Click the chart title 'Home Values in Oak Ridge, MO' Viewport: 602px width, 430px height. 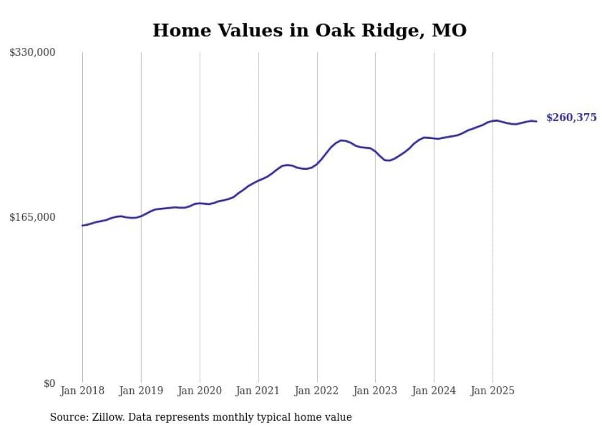click(x=310, y=30)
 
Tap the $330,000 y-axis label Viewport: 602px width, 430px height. click(x=33, y=53)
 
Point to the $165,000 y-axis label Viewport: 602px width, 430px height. click(x=33, y=217)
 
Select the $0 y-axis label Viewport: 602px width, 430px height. click(x=49, y=383)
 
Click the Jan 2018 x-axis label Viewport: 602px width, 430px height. click(x=82, y=391)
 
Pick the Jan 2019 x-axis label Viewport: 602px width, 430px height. click(x=141, y=391)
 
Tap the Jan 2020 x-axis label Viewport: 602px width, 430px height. click(x=200, y=391)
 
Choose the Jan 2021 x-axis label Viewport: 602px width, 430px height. click(x=259, y=391)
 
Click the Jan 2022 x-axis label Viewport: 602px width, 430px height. click(x=317, y=391)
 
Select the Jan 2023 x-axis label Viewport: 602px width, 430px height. click(x=375, y=391)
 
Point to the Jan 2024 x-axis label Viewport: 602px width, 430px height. click(x=434, y=391)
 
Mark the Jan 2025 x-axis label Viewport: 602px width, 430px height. click(x=493, y=391)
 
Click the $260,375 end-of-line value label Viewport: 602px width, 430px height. click(x=571, y=117)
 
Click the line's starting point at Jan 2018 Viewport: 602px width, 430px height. click(x=82, y=226)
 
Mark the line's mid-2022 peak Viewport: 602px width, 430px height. click(x=342, y=140)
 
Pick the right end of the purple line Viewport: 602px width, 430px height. click(x=536, y=121)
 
